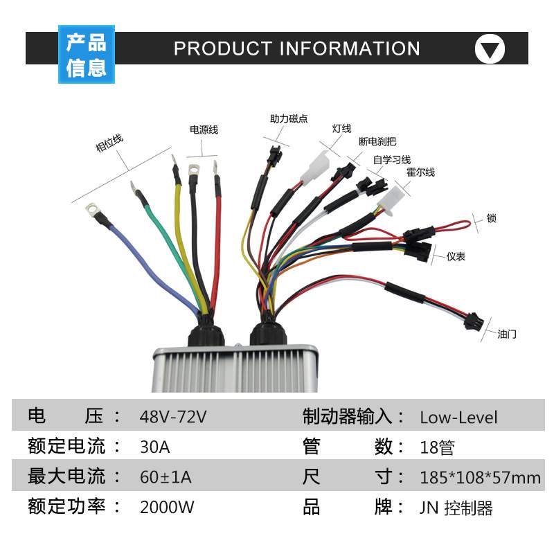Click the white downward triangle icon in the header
point(490,49)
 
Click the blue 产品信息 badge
point(86,55)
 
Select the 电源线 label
point(204,129)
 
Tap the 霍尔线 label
point(420,172)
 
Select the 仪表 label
point(456,257)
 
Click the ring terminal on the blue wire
point(91,207)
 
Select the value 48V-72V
point(173,418)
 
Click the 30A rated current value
point(154,447)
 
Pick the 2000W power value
point(167,507)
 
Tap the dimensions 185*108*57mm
point(480,477)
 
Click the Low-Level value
point(458,418)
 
